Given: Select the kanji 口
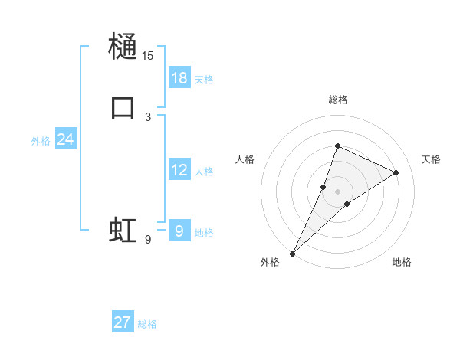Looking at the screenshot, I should pyautogui.click(x=123, y=106).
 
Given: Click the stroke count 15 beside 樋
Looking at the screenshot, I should pyautogui.click(x=147, y=55).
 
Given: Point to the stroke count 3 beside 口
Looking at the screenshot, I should pyautogui.click(x=148, y=116).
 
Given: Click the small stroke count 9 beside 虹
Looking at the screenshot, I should pyautogui.click(x=148, y=240).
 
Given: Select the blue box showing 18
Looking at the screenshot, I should pyautogui.click(x=179, y=78).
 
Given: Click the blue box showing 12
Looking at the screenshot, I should pyautogui.click(x=179, y=170).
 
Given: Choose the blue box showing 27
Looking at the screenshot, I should pyautogui.click(x=123, y=322).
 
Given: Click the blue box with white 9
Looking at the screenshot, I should pyautogui.click(x=179, y=231).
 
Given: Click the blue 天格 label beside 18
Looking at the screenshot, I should pyautogui.click(x=204, y=80).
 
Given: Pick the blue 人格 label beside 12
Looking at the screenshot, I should pyautogui.click(x=204, y=172).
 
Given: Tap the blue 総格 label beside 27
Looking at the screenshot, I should pyautogui.click(x=147, y=324).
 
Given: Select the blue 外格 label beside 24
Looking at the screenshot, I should pyautogui.click(x=41, y=141).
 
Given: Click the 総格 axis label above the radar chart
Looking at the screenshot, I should pyautogui.click(x=337, y=100).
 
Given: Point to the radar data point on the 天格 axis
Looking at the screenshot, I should pyautogui.click(x=396, y=172).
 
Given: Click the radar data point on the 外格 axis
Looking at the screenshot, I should pyautogui.click(x=292, y=253).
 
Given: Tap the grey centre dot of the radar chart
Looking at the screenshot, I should pyautogui.click(x=337, y=191).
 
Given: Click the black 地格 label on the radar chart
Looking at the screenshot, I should pyautogui.click(x=402, y=263).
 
